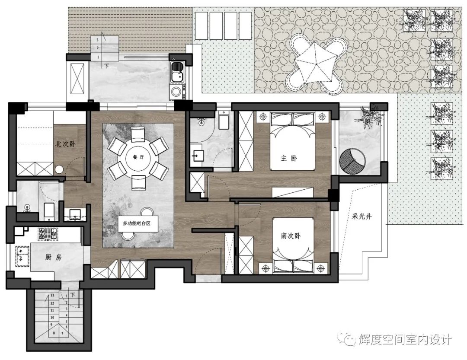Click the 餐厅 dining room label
[x=138, y=157]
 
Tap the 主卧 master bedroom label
[x=289, y=158]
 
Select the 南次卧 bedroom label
[x=291, y=236]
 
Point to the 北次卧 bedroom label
[x=66, y=144]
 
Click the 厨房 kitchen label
[x=54, y=257]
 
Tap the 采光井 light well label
[x=362, y=217]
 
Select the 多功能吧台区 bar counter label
[x=137, y=223]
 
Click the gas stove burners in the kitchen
[x=48, y=234]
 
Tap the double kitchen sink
[x=22, y=256]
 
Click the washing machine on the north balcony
[x=176, y=92]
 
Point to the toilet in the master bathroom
[x=223, y=120]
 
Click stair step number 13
[x=52, y=295]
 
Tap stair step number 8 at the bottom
[x=54, y=333]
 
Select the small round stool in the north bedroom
[x=59, y=170]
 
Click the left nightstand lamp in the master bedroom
[x=263, y=117]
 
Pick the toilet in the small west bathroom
[x=49, y=211]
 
